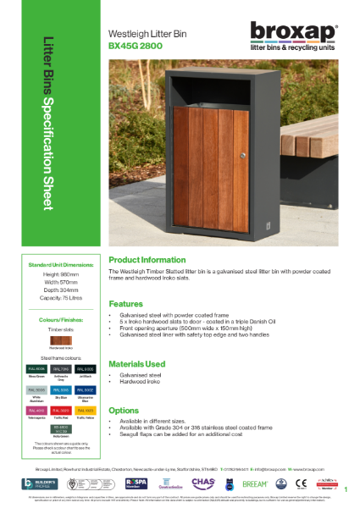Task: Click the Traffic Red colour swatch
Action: [x=62, y=411]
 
